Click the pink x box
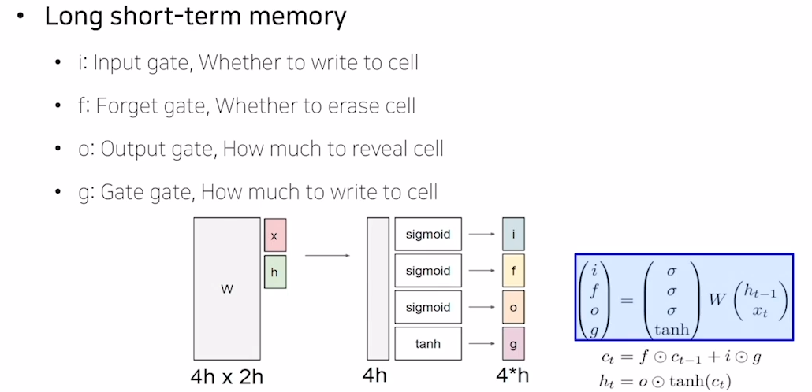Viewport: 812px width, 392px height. (274, 236)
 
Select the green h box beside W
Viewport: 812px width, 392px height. (274, 272)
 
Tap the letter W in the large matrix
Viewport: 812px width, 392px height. (227, 289)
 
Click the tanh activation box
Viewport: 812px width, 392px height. (428, 343)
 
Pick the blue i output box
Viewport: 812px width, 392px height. (513, 234)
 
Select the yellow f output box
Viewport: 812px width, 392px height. (513, 271)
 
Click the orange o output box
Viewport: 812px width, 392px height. (513, 307)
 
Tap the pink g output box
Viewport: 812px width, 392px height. (513, 344)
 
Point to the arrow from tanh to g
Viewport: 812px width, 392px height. (481, 344)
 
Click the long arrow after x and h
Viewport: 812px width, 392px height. (328, 255)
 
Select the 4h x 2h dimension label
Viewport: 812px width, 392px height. (226, 377)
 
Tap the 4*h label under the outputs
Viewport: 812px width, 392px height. (513, 377)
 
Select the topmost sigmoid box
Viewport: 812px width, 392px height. (428, 234)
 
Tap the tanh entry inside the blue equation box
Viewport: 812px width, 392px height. (671, 330)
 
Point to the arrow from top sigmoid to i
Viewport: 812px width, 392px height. (481, 234)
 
